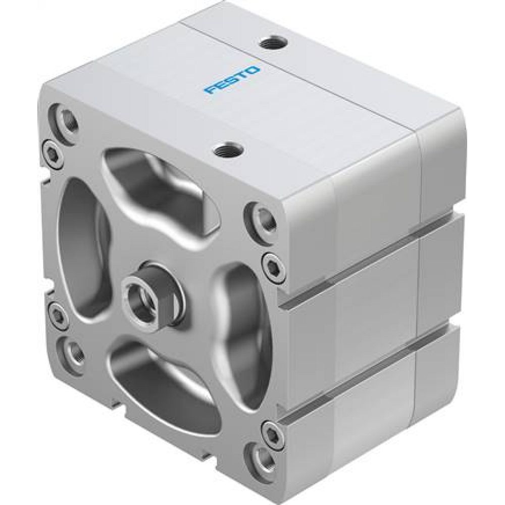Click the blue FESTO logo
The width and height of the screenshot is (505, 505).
(x=232, y=79)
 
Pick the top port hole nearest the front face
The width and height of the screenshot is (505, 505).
(x=223, y=149)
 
